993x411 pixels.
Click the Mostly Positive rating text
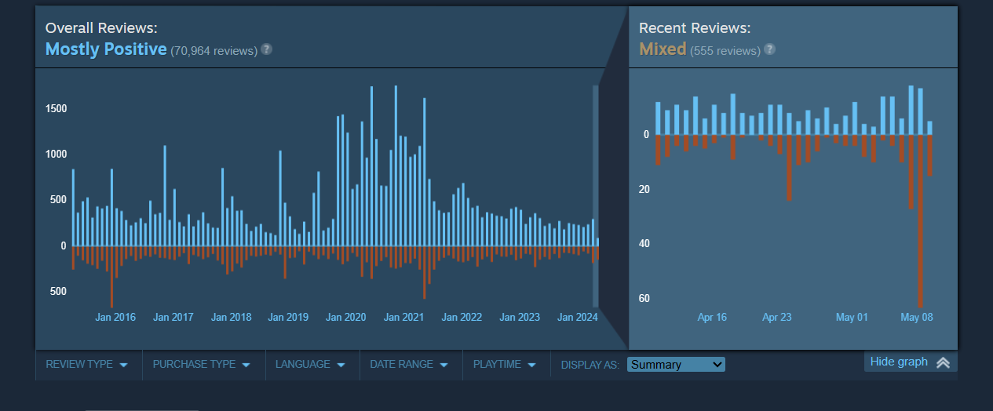106,49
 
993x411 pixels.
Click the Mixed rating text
663,49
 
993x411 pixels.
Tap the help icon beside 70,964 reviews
267,49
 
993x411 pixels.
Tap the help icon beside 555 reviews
769,49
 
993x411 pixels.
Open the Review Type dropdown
86,365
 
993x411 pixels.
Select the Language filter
310,365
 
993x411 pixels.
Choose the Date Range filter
408,365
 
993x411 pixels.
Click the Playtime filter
504,365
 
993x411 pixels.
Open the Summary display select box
676,365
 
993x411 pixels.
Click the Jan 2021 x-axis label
403,318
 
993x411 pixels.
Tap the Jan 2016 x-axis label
115,318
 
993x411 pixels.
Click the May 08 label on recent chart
916,318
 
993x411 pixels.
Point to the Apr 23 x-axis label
776,318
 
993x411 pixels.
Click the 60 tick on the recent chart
644,298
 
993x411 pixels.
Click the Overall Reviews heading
101,28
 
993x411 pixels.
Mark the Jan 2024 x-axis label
577,318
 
